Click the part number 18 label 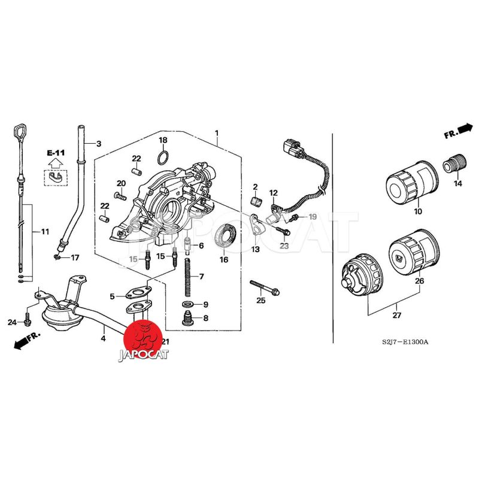pos(163,140)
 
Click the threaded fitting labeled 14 pos(455,163)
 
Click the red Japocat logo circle pos(144,336)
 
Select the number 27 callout pos(397,315)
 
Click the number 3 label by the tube pos(99,144)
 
